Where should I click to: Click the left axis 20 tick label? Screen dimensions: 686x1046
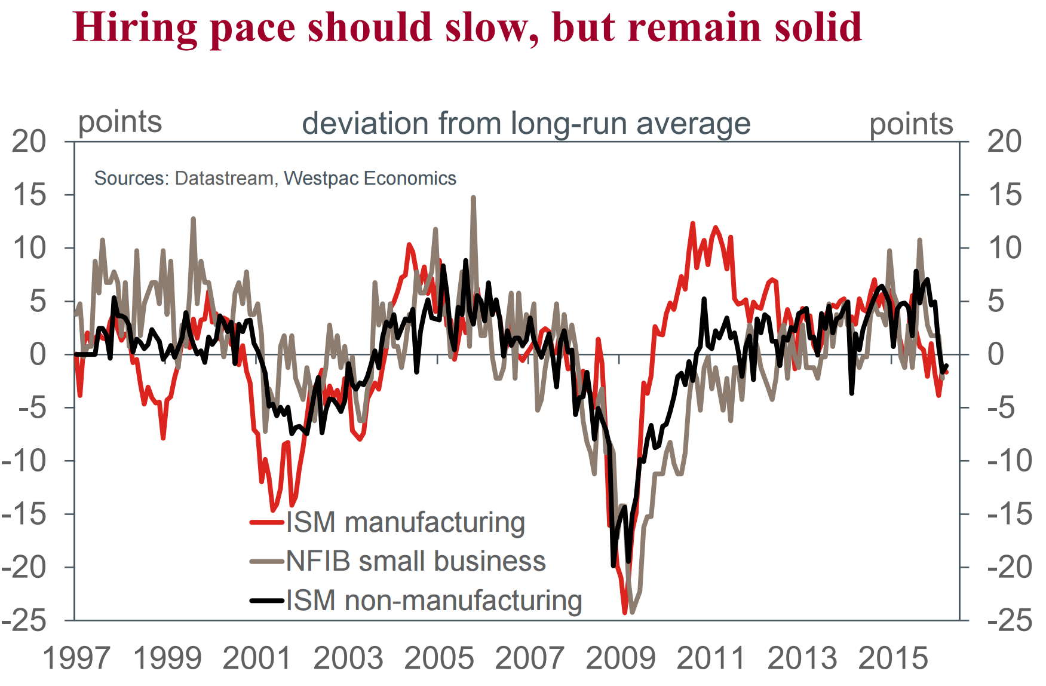29,142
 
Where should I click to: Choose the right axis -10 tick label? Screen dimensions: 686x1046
1010,461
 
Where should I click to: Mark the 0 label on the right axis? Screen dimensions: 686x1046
996,354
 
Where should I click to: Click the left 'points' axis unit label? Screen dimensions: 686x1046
120,122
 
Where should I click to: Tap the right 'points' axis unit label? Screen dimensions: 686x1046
911,124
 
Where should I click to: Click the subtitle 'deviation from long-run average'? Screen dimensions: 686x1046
526,124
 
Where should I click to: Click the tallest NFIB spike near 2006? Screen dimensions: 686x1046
473,197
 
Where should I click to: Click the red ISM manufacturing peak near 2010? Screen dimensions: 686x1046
693,223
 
